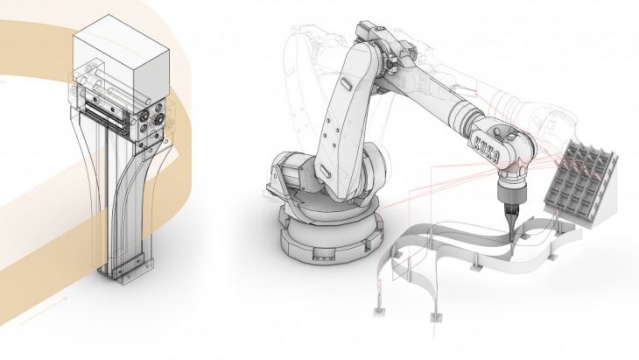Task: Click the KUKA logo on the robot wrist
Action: pyautogui.click(x=485, y=150)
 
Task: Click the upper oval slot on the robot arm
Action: pyautogui.click(x=346, y=84)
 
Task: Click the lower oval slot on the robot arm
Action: pyautogui.click(x=326, y=171)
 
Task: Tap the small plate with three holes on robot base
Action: pyautogui.click(x=322, y=258)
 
